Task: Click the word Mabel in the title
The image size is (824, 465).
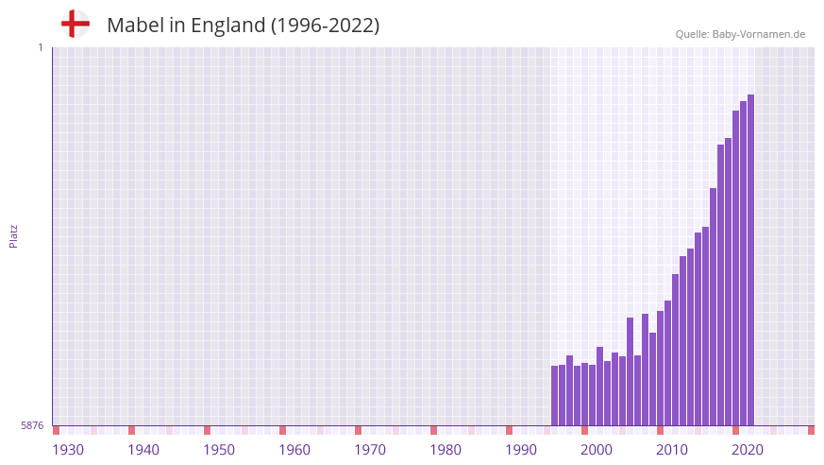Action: pos(135,26)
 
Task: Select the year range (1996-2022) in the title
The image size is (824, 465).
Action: pos(325,26)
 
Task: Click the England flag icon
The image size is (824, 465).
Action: pos(76,24)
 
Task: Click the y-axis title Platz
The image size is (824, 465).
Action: pos(13,235)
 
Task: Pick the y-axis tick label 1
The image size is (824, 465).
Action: pos(40,47)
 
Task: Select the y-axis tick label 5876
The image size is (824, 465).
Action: pos(32,426)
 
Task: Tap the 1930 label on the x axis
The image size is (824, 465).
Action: pos(68,450)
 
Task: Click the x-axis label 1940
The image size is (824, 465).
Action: pos(143,450)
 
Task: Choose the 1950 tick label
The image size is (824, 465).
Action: pos(219,450)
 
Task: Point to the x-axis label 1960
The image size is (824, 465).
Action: pos(294,450)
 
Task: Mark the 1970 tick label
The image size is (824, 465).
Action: pos(370,450)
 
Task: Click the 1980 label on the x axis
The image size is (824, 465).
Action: pos(446,450)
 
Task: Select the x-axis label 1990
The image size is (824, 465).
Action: pos(521,450)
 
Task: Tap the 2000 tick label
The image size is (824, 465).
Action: pos(597,450)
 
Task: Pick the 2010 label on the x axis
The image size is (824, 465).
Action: pos(672,450)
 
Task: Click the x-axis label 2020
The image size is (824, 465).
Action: pos(748,450)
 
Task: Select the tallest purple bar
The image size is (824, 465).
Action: pos(750,260)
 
